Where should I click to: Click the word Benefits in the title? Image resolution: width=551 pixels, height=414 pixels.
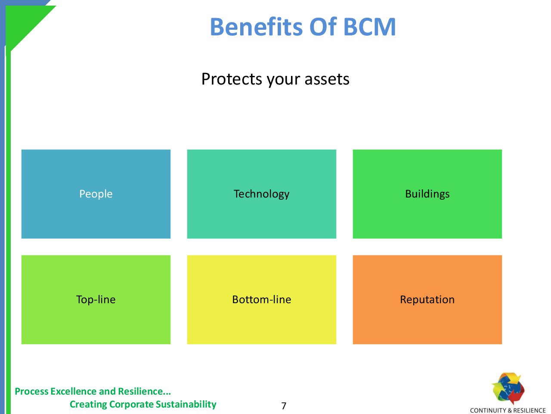pyautogui.click(x=256, y=27)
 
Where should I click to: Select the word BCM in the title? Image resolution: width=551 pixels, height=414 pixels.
pyautogui.click(x=369, y=27)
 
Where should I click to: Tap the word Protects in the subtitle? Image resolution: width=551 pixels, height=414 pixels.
pyautogui.click(x=232, y=79)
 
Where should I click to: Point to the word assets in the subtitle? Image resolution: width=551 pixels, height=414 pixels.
pyautogui.click(x=327, y=79)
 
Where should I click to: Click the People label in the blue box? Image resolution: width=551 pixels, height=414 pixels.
pyautogui.click(x=96, y=194)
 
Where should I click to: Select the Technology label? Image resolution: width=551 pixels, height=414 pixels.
pyautogui.click(x=262, y=194)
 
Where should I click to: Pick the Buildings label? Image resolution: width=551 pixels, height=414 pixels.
pyautogui.click(x=427, y=194)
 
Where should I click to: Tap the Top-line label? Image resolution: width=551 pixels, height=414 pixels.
pyautogui.click(x=96, y=300)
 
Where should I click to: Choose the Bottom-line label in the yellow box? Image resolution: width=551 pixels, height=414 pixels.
pyautogui.click(x=262, y=299)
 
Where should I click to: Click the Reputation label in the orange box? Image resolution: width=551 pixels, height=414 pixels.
pyautogui.click(x=427, y=300)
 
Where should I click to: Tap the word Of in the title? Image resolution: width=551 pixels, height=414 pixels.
pyautogui.click(x=323, y=27)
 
